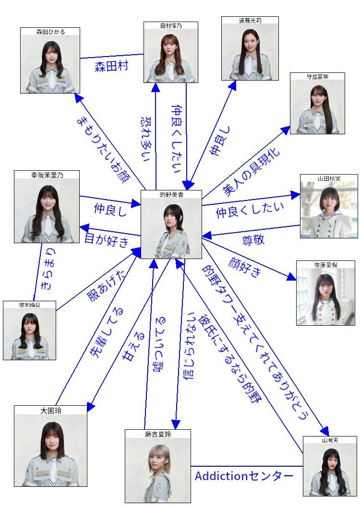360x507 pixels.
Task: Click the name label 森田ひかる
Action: point(50,32)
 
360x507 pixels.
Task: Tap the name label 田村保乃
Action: point(171,25)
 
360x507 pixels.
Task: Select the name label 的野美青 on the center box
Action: point(171,195)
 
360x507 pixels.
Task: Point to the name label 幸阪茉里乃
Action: point(47,175)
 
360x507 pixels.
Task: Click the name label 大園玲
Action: point(50,411)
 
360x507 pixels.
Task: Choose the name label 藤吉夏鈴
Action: point(157,434)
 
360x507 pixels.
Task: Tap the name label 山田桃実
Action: point(329,178)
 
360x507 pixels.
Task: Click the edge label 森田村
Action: point(111,66)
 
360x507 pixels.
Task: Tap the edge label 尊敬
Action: point(252,239)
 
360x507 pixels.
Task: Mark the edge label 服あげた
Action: point(101,285)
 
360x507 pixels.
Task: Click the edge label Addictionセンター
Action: point(244,476)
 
